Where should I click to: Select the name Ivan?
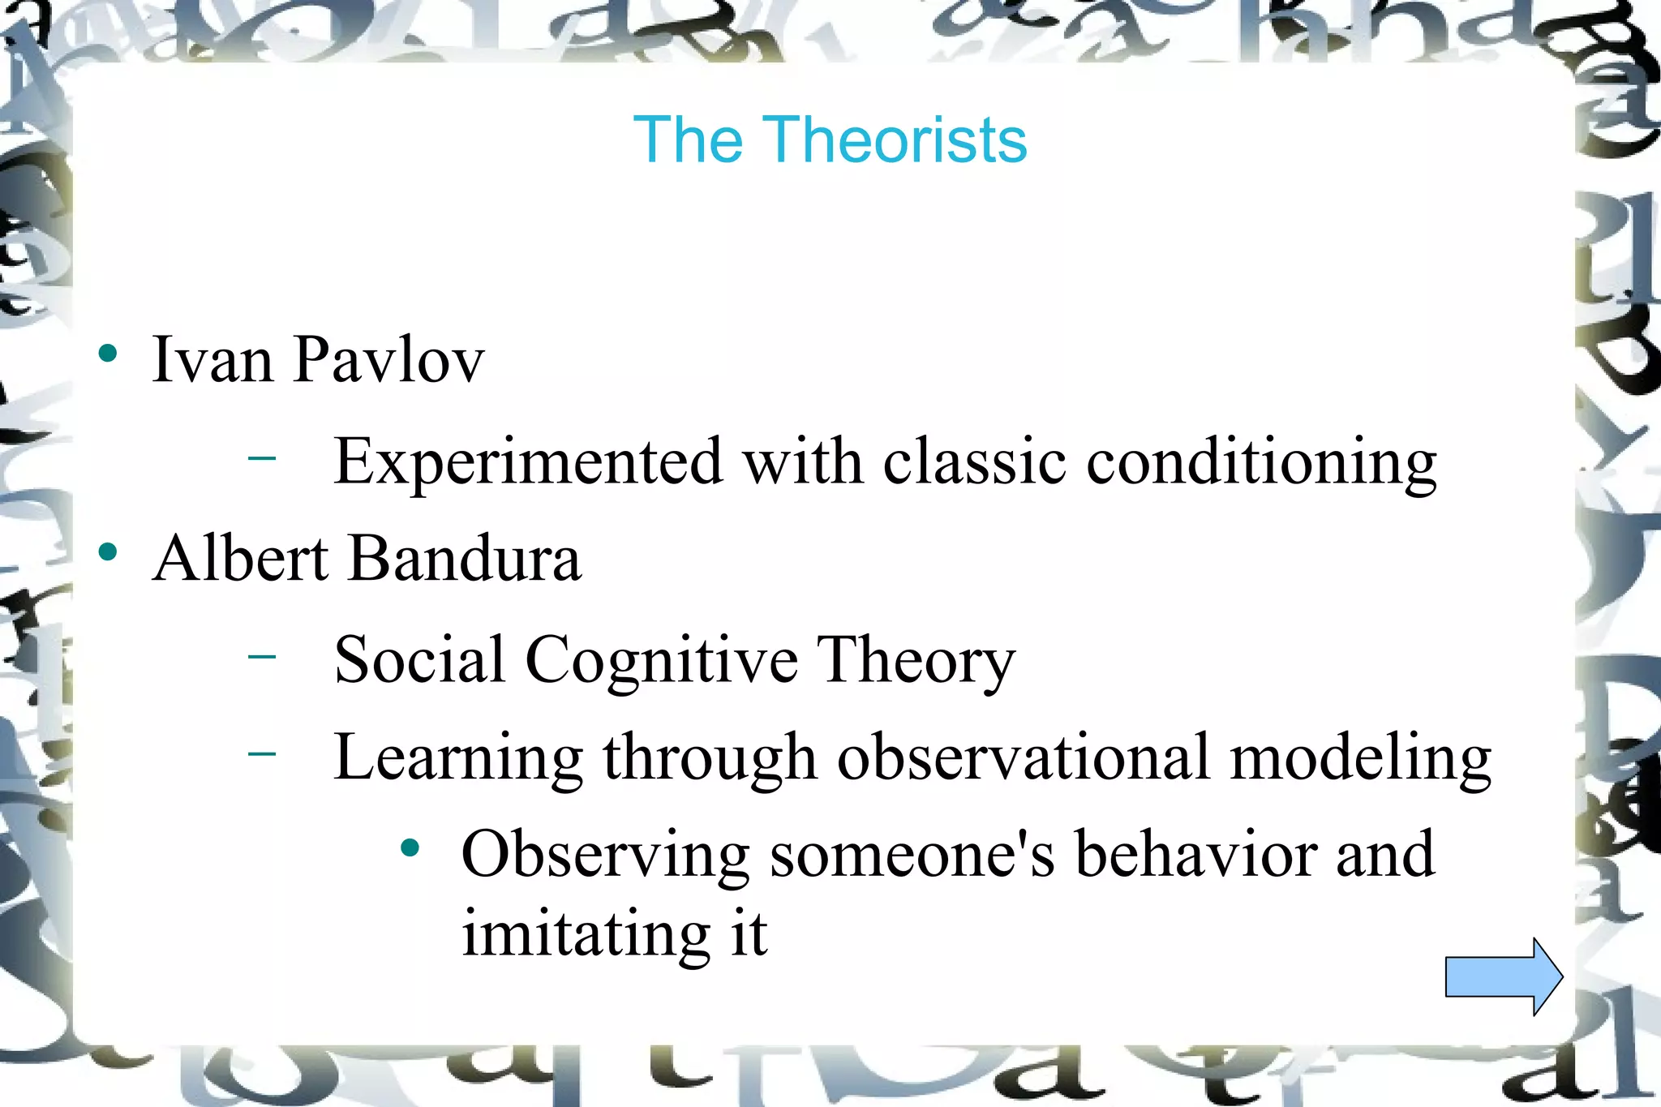pyautogui.click(x=212, y=359)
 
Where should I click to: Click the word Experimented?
pyautogui.click(x=528, y=461)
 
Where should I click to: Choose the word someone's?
pyautogui.click(x=912, y=855)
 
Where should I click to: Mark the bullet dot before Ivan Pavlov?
pyautogui.click(x=108, y=354)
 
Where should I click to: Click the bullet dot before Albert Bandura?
pyautogui.click(x=108, y=553)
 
